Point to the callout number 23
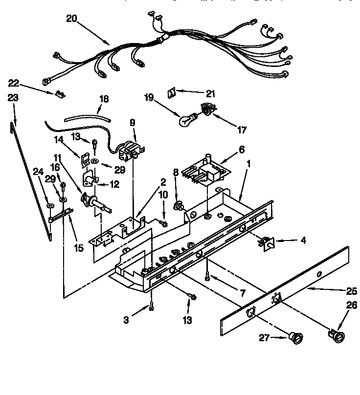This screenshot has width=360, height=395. [x=13, y=98]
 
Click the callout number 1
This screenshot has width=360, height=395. [x=249, y=166]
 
